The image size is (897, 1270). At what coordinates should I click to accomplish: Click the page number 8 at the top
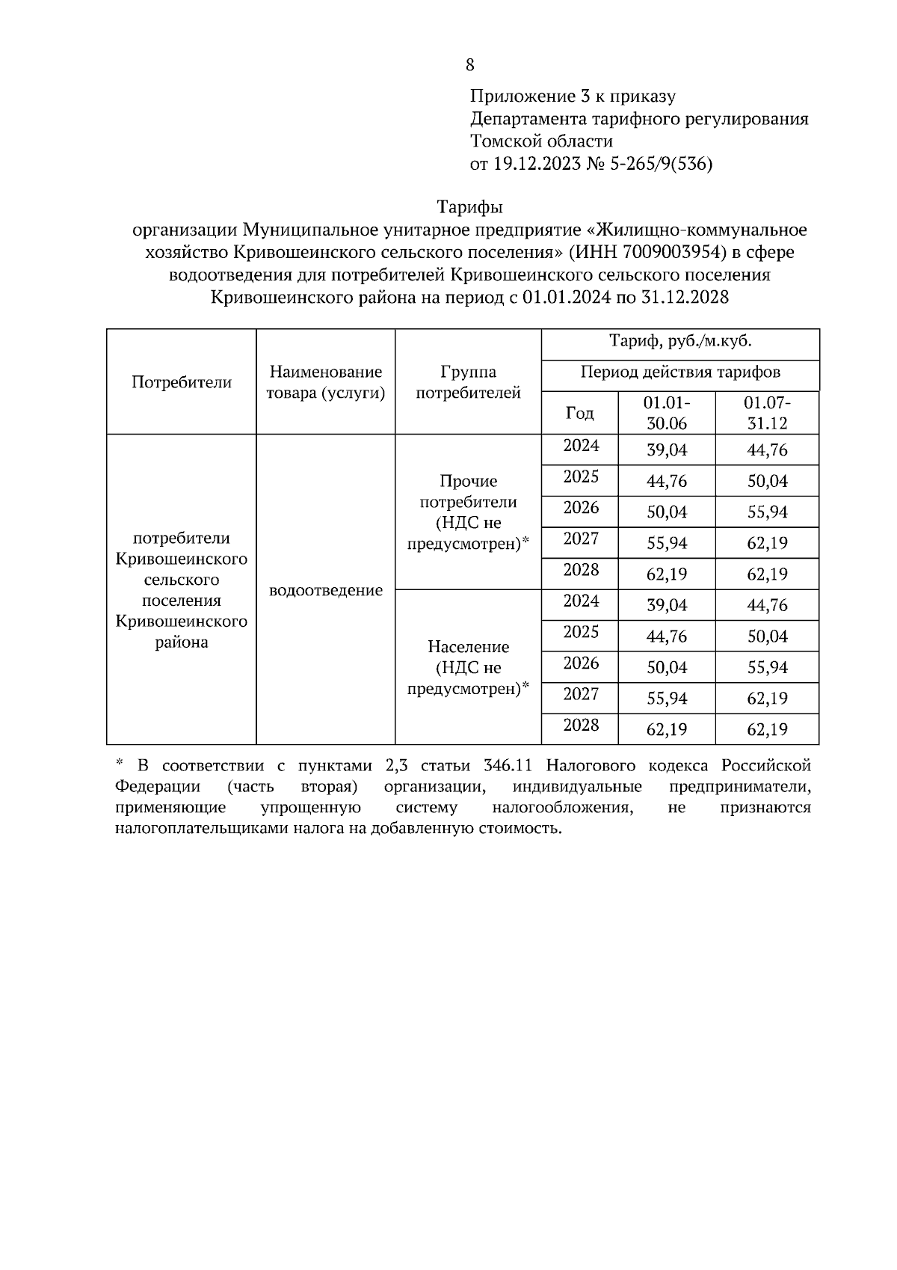(x=469, y=65)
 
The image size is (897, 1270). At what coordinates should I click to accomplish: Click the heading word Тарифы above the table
(x=469, y=206)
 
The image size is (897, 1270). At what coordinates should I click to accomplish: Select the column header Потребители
(x=182, y=382)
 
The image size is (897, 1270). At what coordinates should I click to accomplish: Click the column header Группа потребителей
(x=468, y=382)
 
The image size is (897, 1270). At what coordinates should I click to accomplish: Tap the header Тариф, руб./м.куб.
(x=679, y=342)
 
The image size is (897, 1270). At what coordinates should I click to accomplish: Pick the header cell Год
(x=579, y=413)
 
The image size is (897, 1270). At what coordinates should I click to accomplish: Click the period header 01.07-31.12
(x=767, y=412)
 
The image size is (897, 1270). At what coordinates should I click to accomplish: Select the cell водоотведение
(x=325, y=590)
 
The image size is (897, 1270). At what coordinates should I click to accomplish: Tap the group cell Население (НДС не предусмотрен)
(x=468, y=667)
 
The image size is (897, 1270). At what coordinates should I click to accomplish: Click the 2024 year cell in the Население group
(x=581, y=601)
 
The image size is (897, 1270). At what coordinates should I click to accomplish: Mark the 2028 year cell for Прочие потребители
(x=581, y=571)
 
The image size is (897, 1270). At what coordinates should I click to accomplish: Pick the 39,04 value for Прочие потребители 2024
(x=666, y=450)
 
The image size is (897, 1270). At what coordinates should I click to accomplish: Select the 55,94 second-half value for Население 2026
(x=767, y=667)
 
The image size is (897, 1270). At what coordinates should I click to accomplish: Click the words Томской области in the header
(x=541, y=141)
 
